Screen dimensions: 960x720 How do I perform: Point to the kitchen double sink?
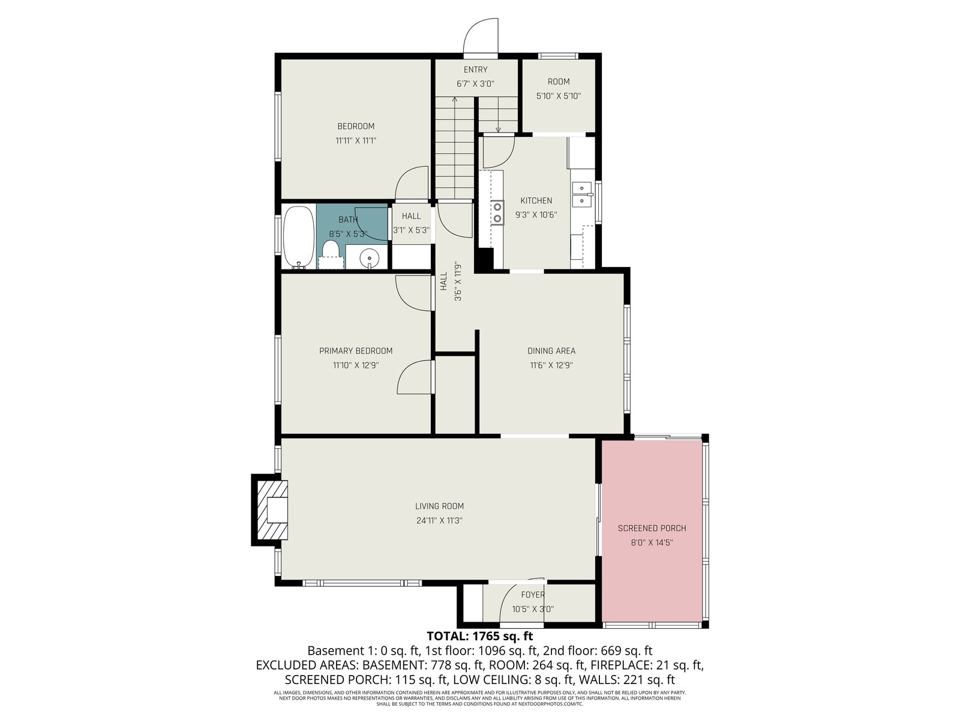pyautogui.click(x=581, y=194)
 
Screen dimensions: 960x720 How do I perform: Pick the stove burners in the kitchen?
pyautogui.click(x=497, y=212)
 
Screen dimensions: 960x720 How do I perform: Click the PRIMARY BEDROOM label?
pyautogui.click(x=356, y=350)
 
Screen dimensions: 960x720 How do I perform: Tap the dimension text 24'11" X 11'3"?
pyautogui.click(x=439, y=520)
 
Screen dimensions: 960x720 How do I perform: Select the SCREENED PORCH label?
pyautogui.click(x=652, y=528)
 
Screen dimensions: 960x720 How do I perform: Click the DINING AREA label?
pyautogui.click(x=551, y=350)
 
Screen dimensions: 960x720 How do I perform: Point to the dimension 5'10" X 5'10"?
pyautogui.click(x=559, y=96)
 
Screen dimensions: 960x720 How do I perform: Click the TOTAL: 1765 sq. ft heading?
pyautogui.click(x=480, y=635)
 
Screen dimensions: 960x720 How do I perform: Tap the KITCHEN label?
pyautogui.click(x=536, y=200)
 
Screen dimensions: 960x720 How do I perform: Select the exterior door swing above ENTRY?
pyautogui.click(x=481, y=37)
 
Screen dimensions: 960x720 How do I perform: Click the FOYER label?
pyautogui.click(x=533, y=595)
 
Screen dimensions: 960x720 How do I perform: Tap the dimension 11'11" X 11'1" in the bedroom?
pyautogui.click(x=356, y=141)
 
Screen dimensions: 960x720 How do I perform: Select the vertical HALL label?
pyautogui.click(x=443, y=281)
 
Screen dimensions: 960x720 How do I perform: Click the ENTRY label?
pyautogui.click(x=475, y=70)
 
